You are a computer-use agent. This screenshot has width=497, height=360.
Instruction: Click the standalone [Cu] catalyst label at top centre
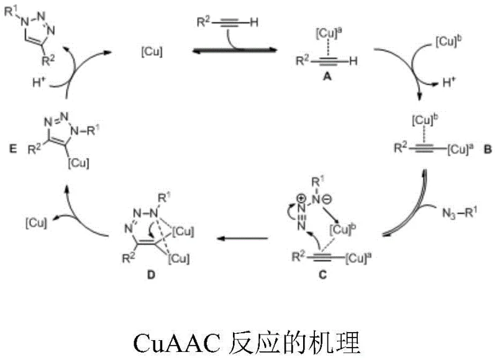(152, 53)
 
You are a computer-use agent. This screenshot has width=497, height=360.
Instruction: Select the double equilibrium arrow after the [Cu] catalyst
(229, 53)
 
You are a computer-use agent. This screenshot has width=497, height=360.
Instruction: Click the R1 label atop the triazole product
(12, 11)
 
